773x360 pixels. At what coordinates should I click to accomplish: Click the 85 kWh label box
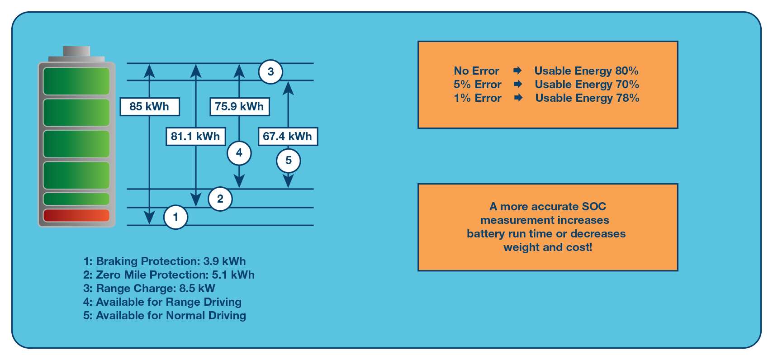click(150, 107)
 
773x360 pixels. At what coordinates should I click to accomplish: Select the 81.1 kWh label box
click(196, 136)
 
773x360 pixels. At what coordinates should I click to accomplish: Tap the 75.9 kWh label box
click(239, 107)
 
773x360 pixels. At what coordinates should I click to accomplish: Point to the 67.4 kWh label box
click(288, 136)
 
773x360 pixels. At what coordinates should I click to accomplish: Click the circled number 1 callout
click(175, 217)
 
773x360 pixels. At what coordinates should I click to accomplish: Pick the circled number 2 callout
click(220, 199)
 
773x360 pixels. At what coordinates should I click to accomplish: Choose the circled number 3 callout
click(270, 72)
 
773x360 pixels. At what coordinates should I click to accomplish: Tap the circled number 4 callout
click(239, 153)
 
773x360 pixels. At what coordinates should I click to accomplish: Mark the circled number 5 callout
click(289, 161)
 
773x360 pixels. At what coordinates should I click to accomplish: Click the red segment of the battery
click(76, 216)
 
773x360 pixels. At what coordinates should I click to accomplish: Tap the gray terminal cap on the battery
click(76, 51)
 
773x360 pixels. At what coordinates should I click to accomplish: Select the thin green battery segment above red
click(76, 199)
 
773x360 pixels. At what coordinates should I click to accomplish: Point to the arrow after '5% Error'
click(517, 84)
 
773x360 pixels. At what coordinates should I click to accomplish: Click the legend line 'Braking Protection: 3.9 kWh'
click(165, 261)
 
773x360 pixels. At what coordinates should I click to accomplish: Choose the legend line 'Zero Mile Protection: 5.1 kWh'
click(169, 275)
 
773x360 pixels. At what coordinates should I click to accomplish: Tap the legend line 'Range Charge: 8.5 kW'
click(149, 288)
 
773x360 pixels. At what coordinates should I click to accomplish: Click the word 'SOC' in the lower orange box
click(594, 206)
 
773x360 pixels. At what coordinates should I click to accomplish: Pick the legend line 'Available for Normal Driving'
click(165, 316)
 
